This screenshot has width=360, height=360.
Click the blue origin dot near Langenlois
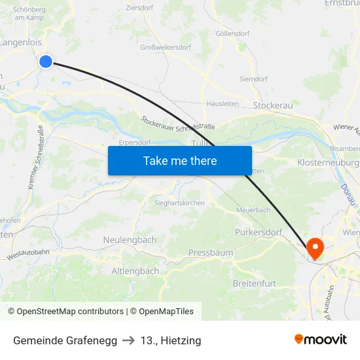tap(46, 62)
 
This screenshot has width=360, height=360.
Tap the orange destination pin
tap(315, 248)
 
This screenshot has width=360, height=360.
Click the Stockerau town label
tap(272, 105)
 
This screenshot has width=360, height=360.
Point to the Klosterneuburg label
tap(328, 162)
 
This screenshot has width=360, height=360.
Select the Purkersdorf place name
tap(258, 232)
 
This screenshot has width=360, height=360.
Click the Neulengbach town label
tap(130, 240)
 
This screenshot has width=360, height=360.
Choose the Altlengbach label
tap(135, 271)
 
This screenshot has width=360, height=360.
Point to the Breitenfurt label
tap(255, 283)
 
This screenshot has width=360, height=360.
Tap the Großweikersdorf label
tap(166, 48)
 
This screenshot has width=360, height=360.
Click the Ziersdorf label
tap(139, 9)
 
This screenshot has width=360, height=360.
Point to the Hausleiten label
tap(223, 103)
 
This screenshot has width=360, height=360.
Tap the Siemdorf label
tap(253, 79)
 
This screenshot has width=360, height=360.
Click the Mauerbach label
tap(253, 210)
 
